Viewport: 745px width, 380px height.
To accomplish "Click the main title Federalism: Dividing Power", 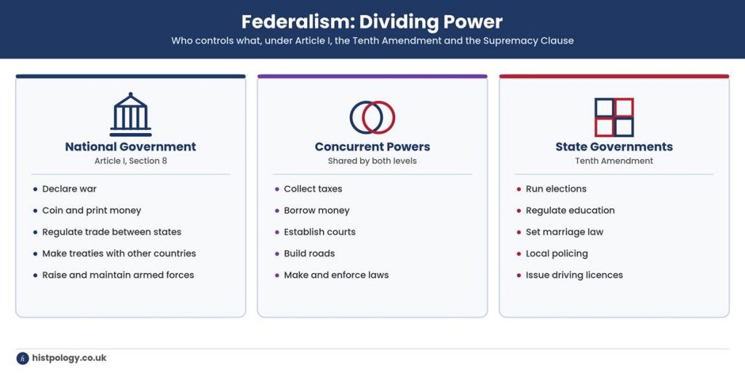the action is pyautogui.click(x=372, y=22).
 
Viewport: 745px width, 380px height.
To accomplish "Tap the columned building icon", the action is pyautogui.click(x=131, y=115).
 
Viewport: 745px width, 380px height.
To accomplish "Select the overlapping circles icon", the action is pyautogui.click(x=372, y=117).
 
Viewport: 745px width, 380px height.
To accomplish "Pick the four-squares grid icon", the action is pyautogui.click(x=614, y=117).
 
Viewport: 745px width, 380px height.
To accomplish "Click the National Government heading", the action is pyautogui.click(x=131, y=147).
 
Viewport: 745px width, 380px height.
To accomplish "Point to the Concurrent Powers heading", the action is pyautogui.click(x=372, y=147).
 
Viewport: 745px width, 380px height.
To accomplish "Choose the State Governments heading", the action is pyautogui.click(x=614, y=147).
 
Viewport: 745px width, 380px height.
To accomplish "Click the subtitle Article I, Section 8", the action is pyautogui.click(x=131, y=161).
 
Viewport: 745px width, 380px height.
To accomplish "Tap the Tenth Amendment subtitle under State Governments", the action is pyautogui.click(x=614, y=161).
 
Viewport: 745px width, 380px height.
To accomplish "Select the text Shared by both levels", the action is pyautogui.click(x=372, y=161).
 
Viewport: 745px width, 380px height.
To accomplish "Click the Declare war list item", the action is pyautogui.click(x=69, y=189).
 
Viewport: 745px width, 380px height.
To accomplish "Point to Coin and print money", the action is pyautogui.click(x=92, y=211).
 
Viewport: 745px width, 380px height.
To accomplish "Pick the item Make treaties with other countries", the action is pyautogui.click(x=119, y=254).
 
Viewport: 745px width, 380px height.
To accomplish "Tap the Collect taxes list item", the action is pyautogui.click(x=313, y=189).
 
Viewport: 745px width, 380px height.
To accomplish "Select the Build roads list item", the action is pyautogui.click(x=309, y=254).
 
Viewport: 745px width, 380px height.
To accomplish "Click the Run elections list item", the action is pyautogui.click(x=556, y=189).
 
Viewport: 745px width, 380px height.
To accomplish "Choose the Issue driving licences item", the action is pyautogui.click(x=574, y=275).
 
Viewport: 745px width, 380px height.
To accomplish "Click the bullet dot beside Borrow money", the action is pyautogui.click(x=277, y=211).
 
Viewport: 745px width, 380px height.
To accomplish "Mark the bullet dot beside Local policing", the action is pyautogui.click(x=519, y=254).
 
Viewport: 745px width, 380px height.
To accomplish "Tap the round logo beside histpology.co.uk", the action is pyautogui.click(x=23, y=358).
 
